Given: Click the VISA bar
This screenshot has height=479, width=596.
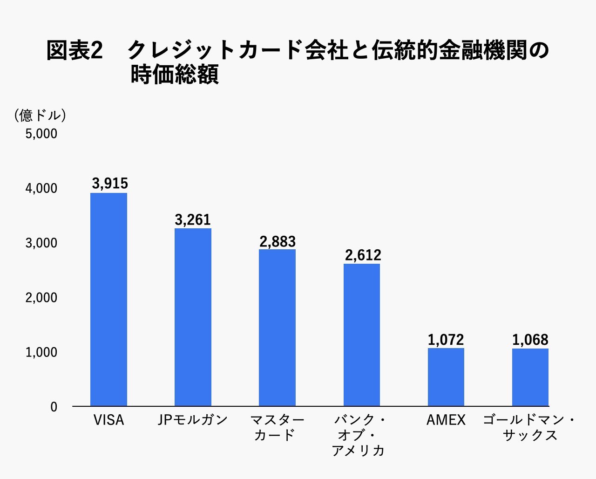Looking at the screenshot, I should tap(108, 299).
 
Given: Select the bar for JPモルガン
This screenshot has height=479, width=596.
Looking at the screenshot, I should tap(193, 317).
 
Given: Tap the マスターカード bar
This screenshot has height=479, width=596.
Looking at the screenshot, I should tap(277, 328).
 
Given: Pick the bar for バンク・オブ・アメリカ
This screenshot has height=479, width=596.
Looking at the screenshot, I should tap(362, 335).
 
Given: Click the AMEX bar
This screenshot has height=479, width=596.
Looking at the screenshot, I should tap(446, 377).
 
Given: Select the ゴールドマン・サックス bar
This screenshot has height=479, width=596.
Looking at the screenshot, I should tap(530, 377).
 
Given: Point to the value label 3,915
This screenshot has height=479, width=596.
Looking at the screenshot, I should tap(110, 184).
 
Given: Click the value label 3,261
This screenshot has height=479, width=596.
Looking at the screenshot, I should tap(193, 219).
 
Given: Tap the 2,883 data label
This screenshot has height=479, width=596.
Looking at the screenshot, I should tap(278, 241).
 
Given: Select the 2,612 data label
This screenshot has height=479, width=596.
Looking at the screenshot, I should tap(363, 255).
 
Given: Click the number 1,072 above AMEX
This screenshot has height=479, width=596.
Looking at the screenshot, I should tap(446, 340).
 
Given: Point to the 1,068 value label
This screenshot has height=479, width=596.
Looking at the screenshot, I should tap(530, 340).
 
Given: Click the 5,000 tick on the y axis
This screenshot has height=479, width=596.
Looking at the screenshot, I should tap(41, 134).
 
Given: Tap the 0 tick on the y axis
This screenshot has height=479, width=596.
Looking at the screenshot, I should tap(54, 407).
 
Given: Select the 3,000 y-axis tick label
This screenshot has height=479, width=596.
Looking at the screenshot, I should tap(41, 243).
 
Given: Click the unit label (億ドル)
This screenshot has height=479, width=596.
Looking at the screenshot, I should tap(40, 115).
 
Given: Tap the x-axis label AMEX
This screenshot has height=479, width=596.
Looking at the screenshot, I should tap(446, 420).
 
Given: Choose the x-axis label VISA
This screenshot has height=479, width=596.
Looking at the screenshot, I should tap(109, 420).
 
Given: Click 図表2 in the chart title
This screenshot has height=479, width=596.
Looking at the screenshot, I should tap(74, 50).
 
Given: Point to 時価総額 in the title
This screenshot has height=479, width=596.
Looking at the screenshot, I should tap(175, 75).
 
